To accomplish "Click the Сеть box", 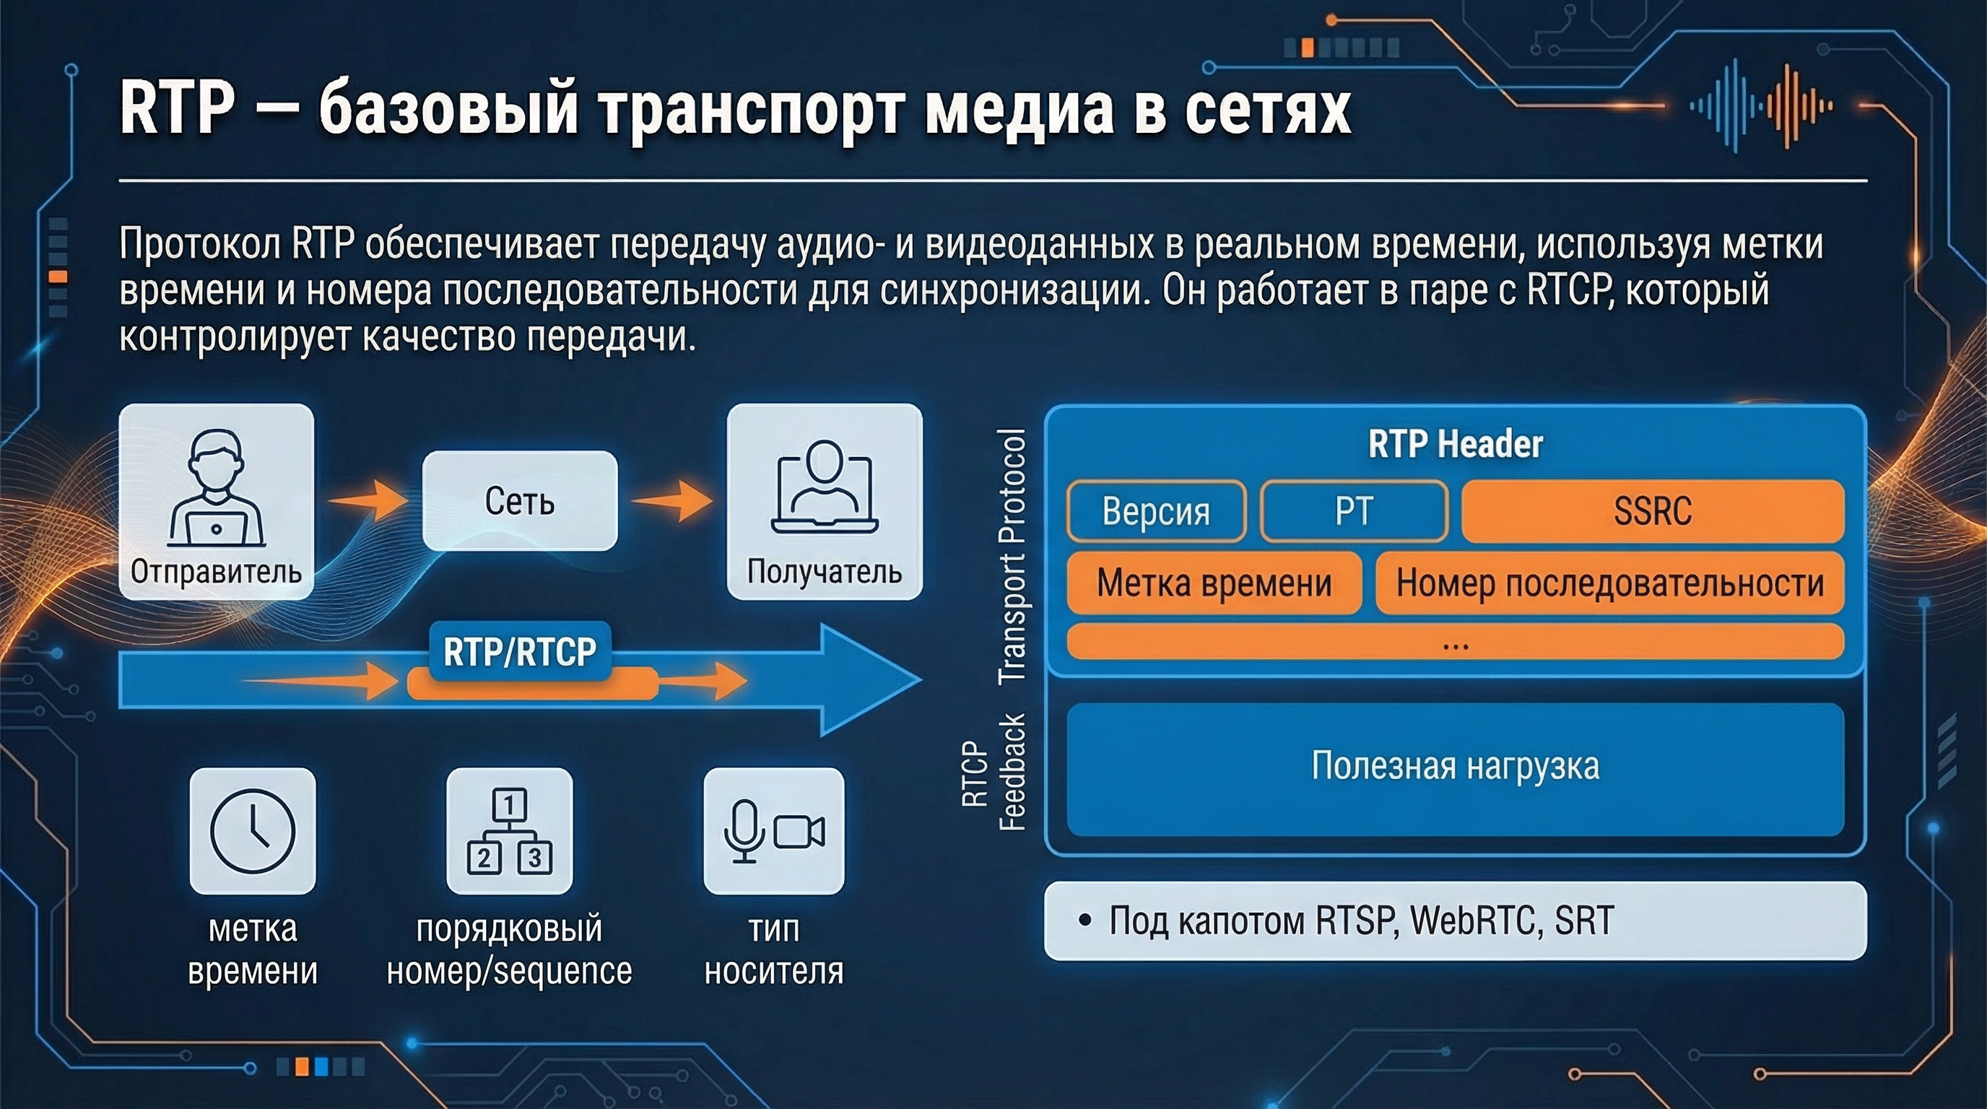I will tap(520, 500).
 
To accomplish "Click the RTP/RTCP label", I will tap(520, 653).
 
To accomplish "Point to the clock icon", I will tap(253, 830).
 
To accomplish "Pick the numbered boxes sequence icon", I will tap(509, 830).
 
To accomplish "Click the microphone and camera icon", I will tap(774, 830).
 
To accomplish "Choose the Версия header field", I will tap(1155, 510).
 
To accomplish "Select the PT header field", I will tap(1354, 510).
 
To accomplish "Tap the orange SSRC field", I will tap(1652, 510).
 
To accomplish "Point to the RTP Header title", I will tap(1455, 444).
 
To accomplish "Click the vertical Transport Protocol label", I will tap(1012, 555).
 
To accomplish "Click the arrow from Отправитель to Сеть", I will tap(369, 500).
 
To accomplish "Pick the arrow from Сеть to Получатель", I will tap(672, 500).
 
